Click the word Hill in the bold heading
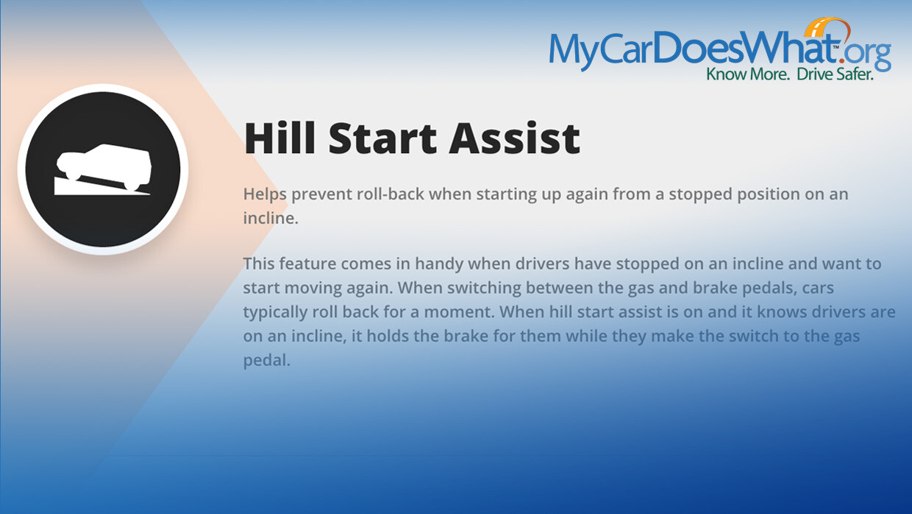(x=279, y=138)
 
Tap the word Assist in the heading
(x=515, y=138)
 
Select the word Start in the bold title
(x=382, y=138)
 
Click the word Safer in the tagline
(x=854, y=74)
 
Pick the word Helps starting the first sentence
(x=265, y=194)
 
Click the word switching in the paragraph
(x=484, y=289)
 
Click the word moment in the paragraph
(x=459, y=312)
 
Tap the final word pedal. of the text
(x=267, y=361)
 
